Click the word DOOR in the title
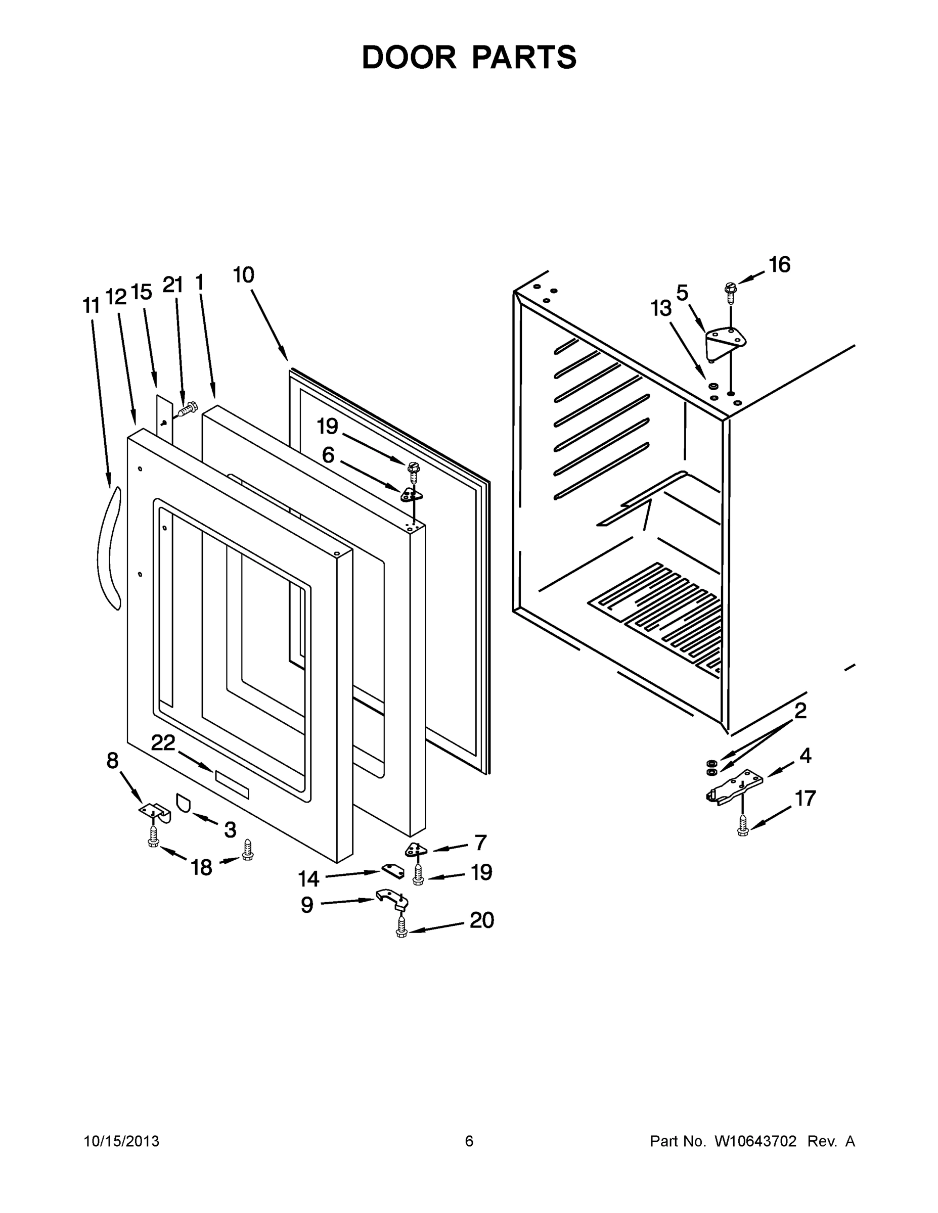pyautogui.click(x=409, y=57)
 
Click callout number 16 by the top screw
pyautogui.click(x=780, y=265)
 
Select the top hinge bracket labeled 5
pyautogui.click(x=724, y=341)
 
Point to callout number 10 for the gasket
pyautogui.click(x=243, y=275)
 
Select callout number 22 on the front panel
pyautogui.click(x=163, y=743)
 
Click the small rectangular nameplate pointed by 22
pyautogui.click(x=232, y=785)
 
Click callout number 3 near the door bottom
pyautogui.click(x=230, y=830)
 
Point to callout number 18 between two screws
pyautogui.click(x=201, y=867)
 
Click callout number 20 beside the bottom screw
pyautogui.click(x=481, y=920)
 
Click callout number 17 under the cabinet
pyautogui.click(x=805, y=799)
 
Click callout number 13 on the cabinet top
pyautogui.click(x=661, y=308)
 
